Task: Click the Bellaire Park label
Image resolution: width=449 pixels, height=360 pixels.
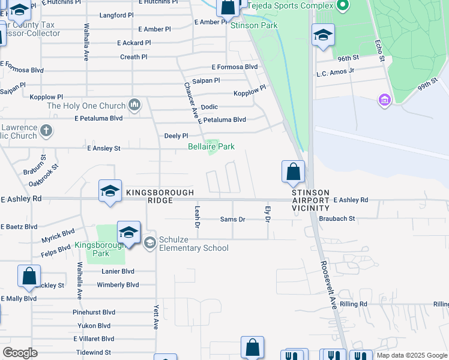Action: [211, 146]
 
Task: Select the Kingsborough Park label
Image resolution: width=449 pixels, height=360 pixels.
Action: [100, 250]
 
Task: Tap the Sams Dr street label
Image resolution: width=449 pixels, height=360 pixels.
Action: [232, 220]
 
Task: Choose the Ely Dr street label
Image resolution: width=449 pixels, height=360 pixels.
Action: [268, 214]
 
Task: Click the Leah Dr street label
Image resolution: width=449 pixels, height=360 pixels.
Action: [197, 217]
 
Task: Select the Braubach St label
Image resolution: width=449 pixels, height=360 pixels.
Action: [337, 219]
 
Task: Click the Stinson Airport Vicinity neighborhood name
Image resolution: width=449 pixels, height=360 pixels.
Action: [310, 200]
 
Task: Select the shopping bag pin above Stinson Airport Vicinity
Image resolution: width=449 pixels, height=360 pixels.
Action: [292, 172]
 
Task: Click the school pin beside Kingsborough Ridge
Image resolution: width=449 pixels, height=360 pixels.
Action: [110, 191]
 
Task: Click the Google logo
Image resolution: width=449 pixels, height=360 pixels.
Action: [20, 353]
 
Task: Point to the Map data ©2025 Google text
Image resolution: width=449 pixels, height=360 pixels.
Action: [412, 355]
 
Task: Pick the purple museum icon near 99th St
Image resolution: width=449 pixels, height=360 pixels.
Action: [384, 100]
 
